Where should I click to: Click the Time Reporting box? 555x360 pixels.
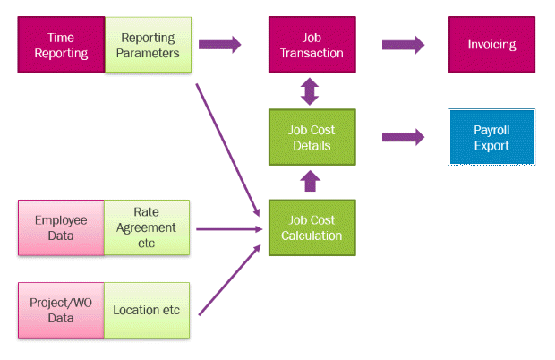[62, 46]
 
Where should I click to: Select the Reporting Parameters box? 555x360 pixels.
[149, 46]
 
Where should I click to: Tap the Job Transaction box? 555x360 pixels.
[312, 46]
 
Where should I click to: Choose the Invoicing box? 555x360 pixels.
[491, 46]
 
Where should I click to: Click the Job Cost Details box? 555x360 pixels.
[312, 138]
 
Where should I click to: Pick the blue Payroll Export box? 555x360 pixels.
[491, 138]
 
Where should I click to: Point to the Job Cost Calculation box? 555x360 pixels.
[312, 228]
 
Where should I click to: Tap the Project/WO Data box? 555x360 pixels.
[61, 311]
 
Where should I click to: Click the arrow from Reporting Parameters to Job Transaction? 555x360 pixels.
[220, 43]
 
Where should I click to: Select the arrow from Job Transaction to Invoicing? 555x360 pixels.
[404, 43]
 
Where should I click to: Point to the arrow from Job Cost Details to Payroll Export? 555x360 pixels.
[404, 137]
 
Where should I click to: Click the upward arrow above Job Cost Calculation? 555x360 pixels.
[311, 182]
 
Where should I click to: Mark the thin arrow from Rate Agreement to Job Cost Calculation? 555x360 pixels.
[228, 229]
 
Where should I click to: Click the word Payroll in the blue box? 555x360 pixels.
[491, 131]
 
